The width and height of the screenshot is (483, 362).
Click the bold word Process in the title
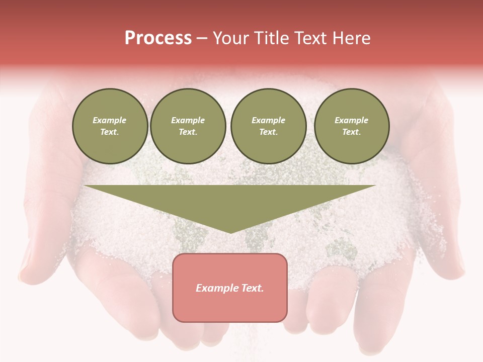(158, 38)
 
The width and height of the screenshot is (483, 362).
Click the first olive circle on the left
(110, 126)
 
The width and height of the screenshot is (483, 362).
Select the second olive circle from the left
(188, 126)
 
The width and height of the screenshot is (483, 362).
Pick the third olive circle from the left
(268, 126)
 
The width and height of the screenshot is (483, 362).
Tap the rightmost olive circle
(351, 126)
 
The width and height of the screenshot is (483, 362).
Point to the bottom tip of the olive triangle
(230, 232)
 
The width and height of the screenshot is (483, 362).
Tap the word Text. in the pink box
(253, 288)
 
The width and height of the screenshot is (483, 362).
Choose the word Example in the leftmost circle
(110, 120)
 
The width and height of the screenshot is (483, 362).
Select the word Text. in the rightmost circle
(351, 132)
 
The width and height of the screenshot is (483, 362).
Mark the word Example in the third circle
(268, 120)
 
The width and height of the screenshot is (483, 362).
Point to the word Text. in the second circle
(188, 132)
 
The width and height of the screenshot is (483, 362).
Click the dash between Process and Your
(202, 38)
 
